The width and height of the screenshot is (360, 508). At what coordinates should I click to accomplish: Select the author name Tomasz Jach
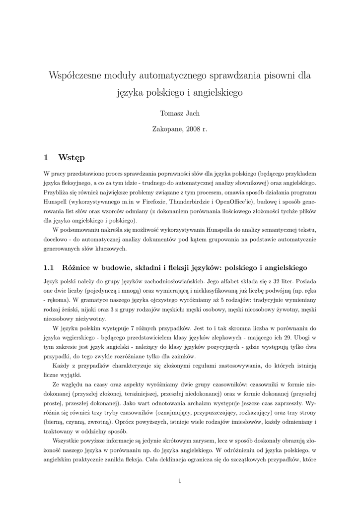pos(180,114)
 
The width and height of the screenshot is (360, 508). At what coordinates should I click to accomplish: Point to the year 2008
pos(193,129)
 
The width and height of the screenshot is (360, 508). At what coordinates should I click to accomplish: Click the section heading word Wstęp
pos(72,158)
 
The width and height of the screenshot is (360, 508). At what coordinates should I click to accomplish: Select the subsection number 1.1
pos(49,267)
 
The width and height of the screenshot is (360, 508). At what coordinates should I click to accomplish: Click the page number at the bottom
pos(180,480)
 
